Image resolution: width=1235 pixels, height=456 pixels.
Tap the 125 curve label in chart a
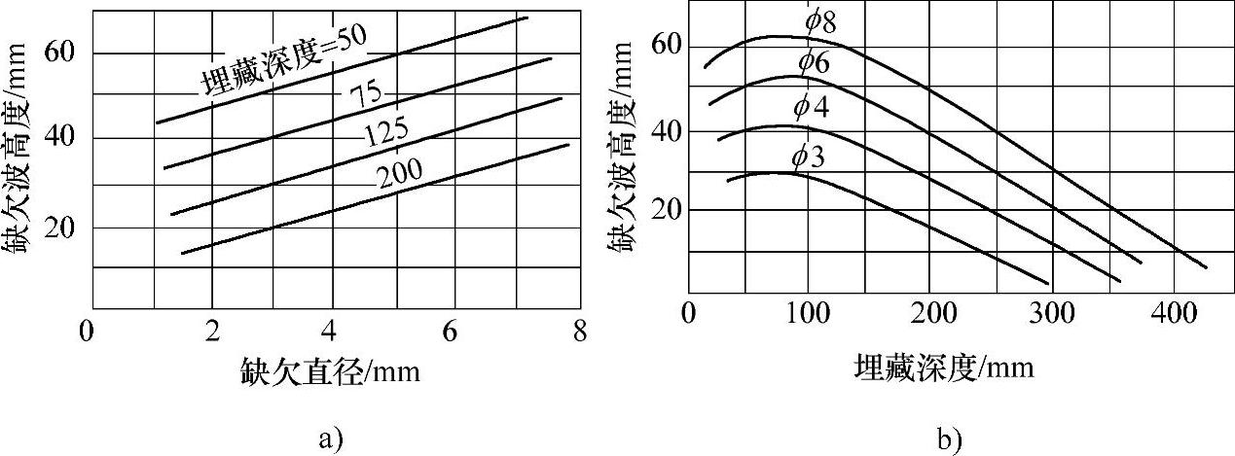[385, 133]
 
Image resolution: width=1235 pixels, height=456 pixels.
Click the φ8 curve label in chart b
[820, 20]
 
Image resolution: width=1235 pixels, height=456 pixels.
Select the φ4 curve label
[811, 108]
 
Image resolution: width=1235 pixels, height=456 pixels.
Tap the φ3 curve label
[809, 155]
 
